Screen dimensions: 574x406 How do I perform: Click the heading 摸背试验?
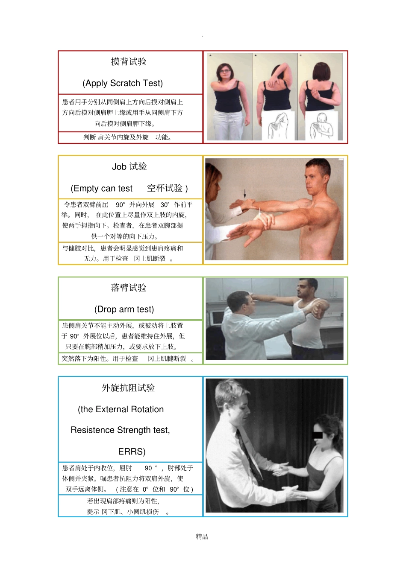[x=129, y=62]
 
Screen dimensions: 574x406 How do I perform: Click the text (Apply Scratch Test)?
[x=123, y=83]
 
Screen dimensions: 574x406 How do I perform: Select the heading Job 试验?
[x=129, y=167]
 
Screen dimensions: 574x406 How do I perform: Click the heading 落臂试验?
[x=129, y=288]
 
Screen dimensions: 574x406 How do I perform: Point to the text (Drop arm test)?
[x=124, y=309]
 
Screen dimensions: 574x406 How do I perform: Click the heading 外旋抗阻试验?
[x=128, y=388]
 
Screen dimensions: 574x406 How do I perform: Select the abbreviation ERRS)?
[x=132, y=452]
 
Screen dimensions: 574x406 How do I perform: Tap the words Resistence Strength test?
[x=120, y=430]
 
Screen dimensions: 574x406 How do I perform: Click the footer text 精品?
[x=202, y=537]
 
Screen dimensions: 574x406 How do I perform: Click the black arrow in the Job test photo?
[x=245, y=193]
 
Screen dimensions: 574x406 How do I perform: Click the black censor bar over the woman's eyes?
[x=318, y=435]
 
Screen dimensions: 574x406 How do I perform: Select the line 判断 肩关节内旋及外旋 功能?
[x=127, y=137]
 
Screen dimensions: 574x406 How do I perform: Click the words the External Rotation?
[x=121, y=410]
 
